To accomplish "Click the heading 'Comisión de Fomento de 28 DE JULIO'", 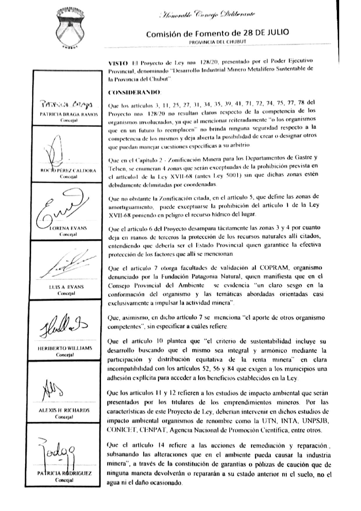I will coord(217,33).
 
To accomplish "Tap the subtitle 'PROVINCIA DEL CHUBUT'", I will coord(217,42).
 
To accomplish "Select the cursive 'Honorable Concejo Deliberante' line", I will coord(208,14).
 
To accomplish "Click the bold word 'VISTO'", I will coord(118,63).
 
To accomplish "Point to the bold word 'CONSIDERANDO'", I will coord(134,93).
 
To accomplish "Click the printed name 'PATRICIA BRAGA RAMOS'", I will coord(69,114).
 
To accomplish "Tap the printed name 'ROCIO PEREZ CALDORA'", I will coord(68,171).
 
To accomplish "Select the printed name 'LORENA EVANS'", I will coord(68,228).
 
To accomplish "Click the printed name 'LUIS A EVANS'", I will coord(66,287).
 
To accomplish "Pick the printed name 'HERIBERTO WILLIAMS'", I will coord(65,348).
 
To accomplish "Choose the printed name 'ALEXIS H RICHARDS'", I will coord(64,411).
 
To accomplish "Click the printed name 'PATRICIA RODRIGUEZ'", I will coord(64,473).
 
